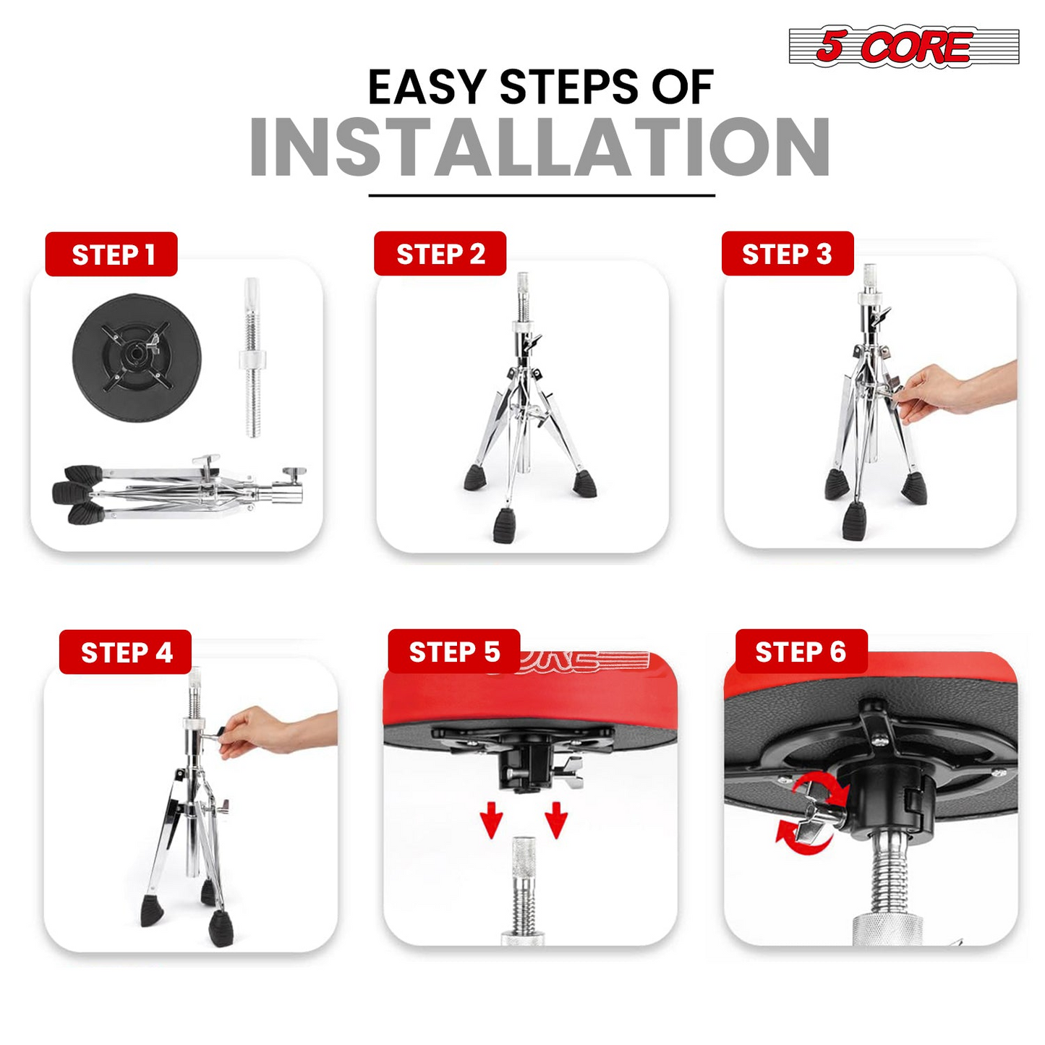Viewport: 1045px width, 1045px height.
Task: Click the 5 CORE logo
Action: click(x=903, y=47)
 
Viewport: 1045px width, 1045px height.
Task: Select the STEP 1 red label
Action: click(x=111, y=255)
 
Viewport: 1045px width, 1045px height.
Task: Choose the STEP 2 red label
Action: click(x=440, y=254)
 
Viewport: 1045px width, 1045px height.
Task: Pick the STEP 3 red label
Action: click(x=788, y=254)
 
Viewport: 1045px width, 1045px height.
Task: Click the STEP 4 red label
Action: click(x=125, y=652)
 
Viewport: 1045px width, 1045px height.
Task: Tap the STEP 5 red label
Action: click(x=454, y=652)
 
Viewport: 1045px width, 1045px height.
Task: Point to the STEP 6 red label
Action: click(x=801, y=652)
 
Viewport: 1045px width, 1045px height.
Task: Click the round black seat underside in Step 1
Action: click(x=137, y=359)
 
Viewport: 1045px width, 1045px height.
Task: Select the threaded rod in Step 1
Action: click(x=252, y=357)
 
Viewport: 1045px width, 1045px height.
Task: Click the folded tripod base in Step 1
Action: click(x=179, y=490)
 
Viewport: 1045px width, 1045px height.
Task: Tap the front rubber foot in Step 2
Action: click(x=504, y=526)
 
